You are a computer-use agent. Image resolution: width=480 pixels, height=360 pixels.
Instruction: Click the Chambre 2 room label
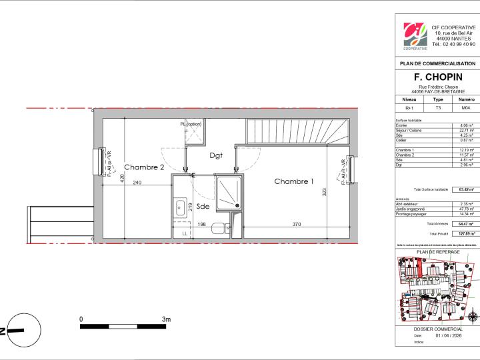point(143,167)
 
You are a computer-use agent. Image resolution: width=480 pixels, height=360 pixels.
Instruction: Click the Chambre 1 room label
point(293,181)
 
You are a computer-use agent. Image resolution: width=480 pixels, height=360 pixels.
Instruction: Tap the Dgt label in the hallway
point(215,156)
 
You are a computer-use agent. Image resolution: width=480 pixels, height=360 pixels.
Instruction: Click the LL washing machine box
point(185,234)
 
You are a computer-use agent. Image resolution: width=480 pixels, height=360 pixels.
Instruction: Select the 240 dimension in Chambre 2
point(136,183)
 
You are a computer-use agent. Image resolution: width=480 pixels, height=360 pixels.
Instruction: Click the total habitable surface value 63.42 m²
point(466,190)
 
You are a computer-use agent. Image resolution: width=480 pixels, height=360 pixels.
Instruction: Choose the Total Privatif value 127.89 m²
point(466,234)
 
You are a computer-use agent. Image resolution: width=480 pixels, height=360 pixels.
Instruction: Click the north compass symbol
point(15,330)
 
